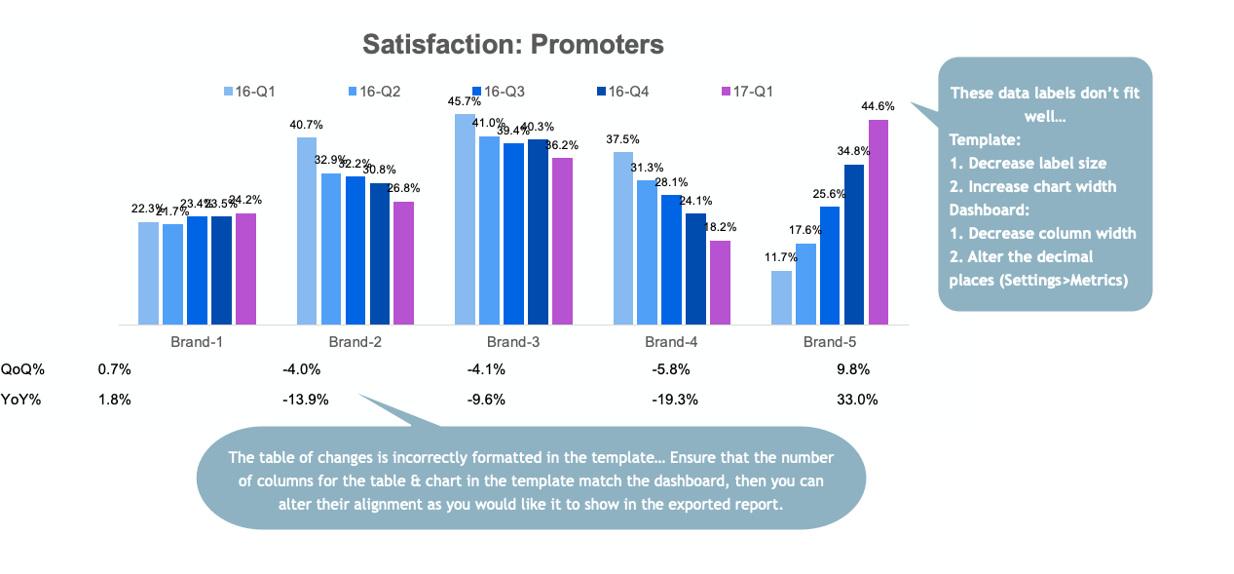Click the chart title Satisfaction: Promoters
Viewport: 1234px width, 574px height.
[513, 44]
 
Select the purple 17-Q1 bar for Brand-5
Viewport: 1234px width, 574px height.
[879, 222]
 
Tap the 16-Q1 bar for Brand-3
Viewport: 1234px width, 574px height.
[465, 219]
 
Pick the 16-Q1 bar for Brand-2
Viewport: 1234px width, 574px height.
[307, 231]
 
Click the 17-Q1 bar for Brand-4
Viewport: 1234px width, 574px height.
[720, 283]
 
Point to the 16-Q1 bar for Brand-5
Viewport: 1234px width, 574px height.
[781, 297]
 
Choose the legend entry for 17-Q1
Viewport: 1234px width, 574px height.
[747, 92]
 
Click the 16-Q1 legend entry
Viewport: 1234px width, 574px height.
[250, 92]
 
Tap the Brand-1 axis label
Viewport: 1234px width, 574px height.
[197, 342]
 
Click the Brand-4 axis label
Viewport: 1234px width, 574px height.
[671, 342]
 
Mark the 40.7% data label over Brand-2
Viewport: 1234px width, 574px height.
[307, 125]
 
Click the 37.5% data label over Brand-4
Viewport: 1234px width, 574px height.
[622, 139]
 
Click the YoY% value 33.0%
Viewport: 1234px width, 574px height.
[857, 399]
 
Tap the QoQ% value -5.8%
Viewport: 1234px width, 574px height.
[671, 369]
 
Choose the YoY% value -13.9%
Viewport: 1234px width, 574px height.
[306, 399]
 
